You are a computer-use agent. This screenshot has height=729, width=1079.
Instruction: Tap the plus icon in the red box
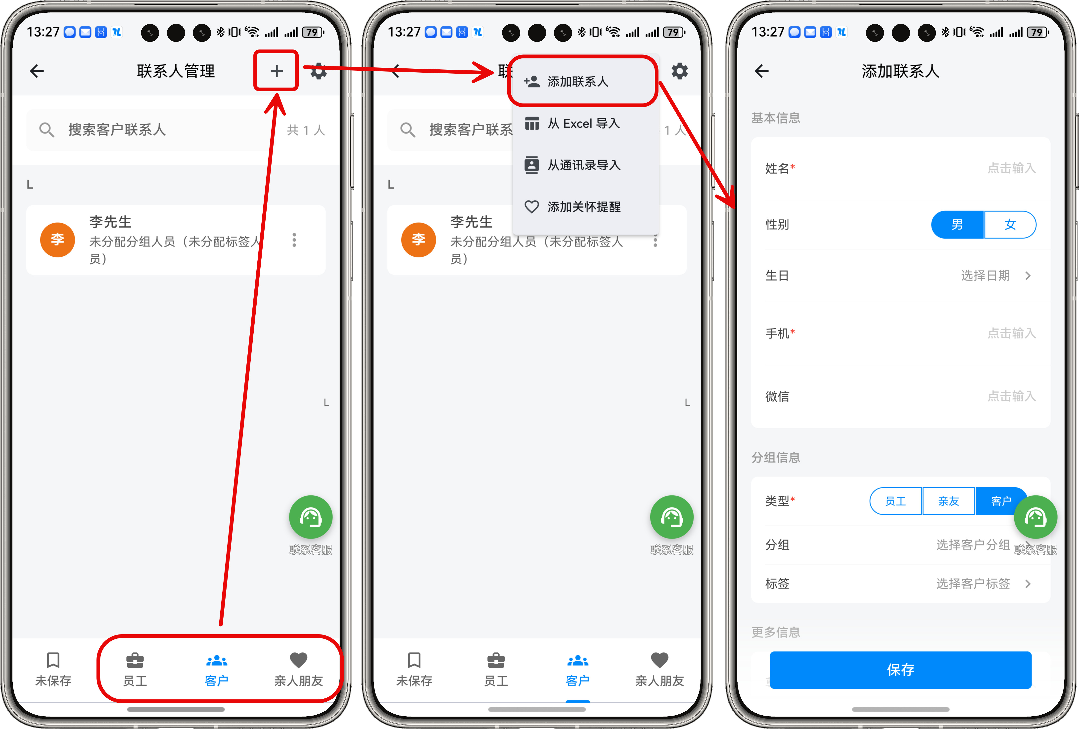277,71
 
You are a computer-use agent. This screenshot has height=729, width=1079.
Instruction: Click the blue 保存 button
900,670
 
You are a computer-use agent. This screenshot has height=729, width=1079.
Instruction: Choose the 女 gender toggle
1010,225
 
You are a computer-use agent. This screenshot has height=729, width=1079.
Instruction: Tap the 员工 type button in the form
896,501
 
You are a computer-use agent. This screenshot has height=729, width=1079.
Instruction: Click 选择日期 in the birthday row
985,276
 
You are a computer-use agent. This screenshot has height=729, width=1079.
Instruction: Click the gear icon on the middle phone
679,71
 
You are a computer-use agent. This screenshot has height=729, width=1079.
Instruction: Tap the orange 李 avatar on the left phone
58,240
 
